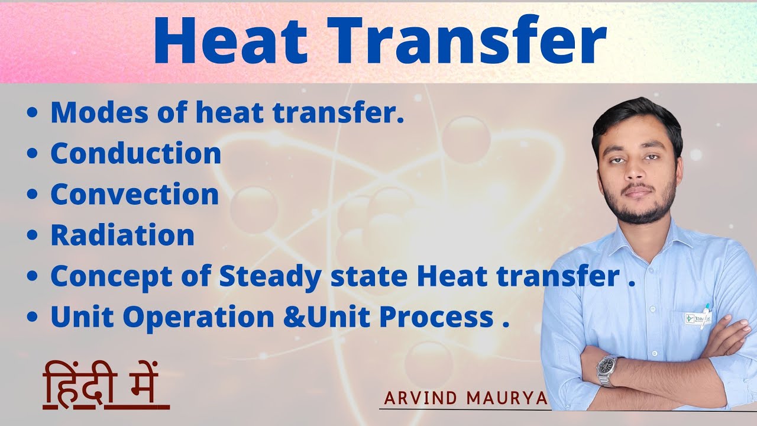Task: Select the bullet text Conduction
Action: point(136,154)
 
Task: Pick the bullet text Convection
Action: point(135,195)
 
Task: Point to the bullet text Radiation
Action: point(122,235)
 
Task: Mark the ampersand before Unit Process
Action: point(291,318)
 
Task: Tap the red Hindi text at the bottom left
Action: point(106,388)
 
